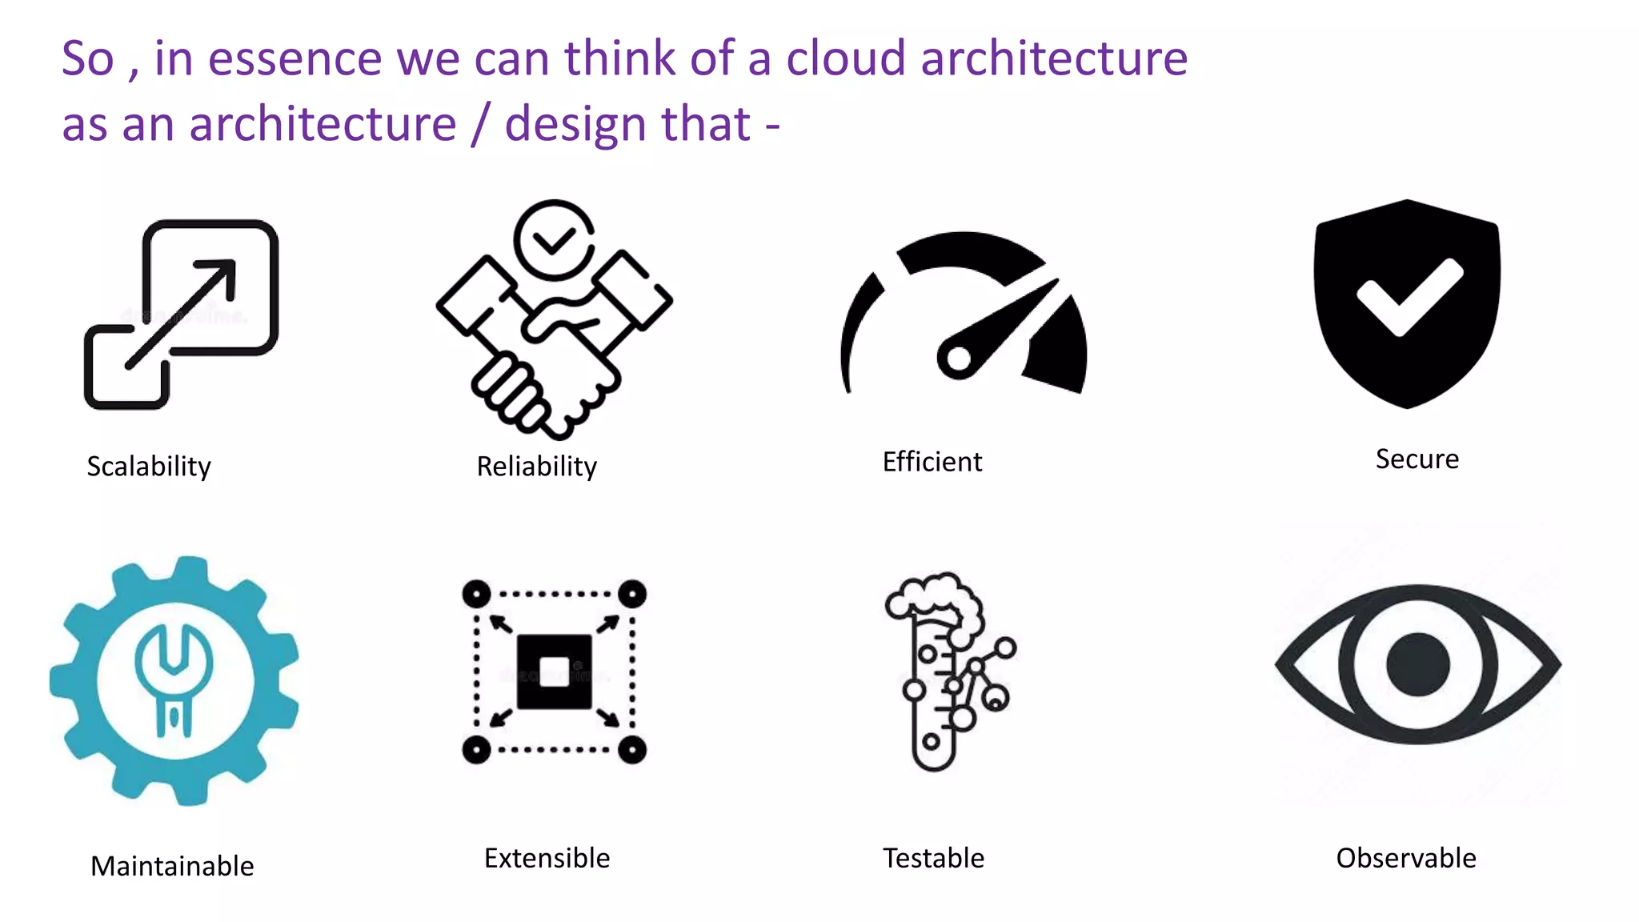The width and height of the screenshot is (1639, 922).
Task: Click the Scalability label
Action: [x=149, y=466]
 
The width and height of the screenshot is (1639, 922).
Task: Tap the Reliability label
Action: [x=536, y=466]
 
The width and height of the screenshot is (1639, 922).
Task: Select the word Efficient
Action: [x=932, y=462]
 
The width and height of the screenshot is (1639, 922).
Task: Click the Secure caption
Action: [x=1417, y=459]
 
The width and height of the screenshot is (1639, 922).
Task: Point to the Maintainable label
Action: [x=172, y=866]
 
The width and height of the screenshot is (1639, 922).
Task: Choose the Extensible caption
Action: [x=547, y=858]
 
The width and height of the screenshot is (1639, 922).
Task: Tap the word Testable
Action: [x=933, y=858]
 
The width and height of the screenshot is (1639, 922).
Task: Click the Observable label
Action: [x=1405, y=858]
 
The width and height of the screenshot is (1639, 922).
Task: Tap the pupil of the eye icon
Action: [x=1417, y=664]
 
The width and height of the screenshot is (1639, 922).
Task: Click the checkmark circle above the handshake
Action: [x=554, y=239]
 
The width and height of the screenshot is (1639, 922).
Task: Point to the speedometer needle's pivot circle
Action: [x=957, y=359]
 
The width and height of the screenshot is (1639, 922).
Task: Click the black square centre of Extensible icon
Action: [x=554, y=671]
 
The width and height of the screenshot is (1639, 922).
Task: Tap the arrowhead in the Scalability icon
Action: [x=220, y=273]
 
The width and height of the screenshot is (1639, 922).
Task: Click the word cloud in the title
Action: [x=846, y=58]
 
